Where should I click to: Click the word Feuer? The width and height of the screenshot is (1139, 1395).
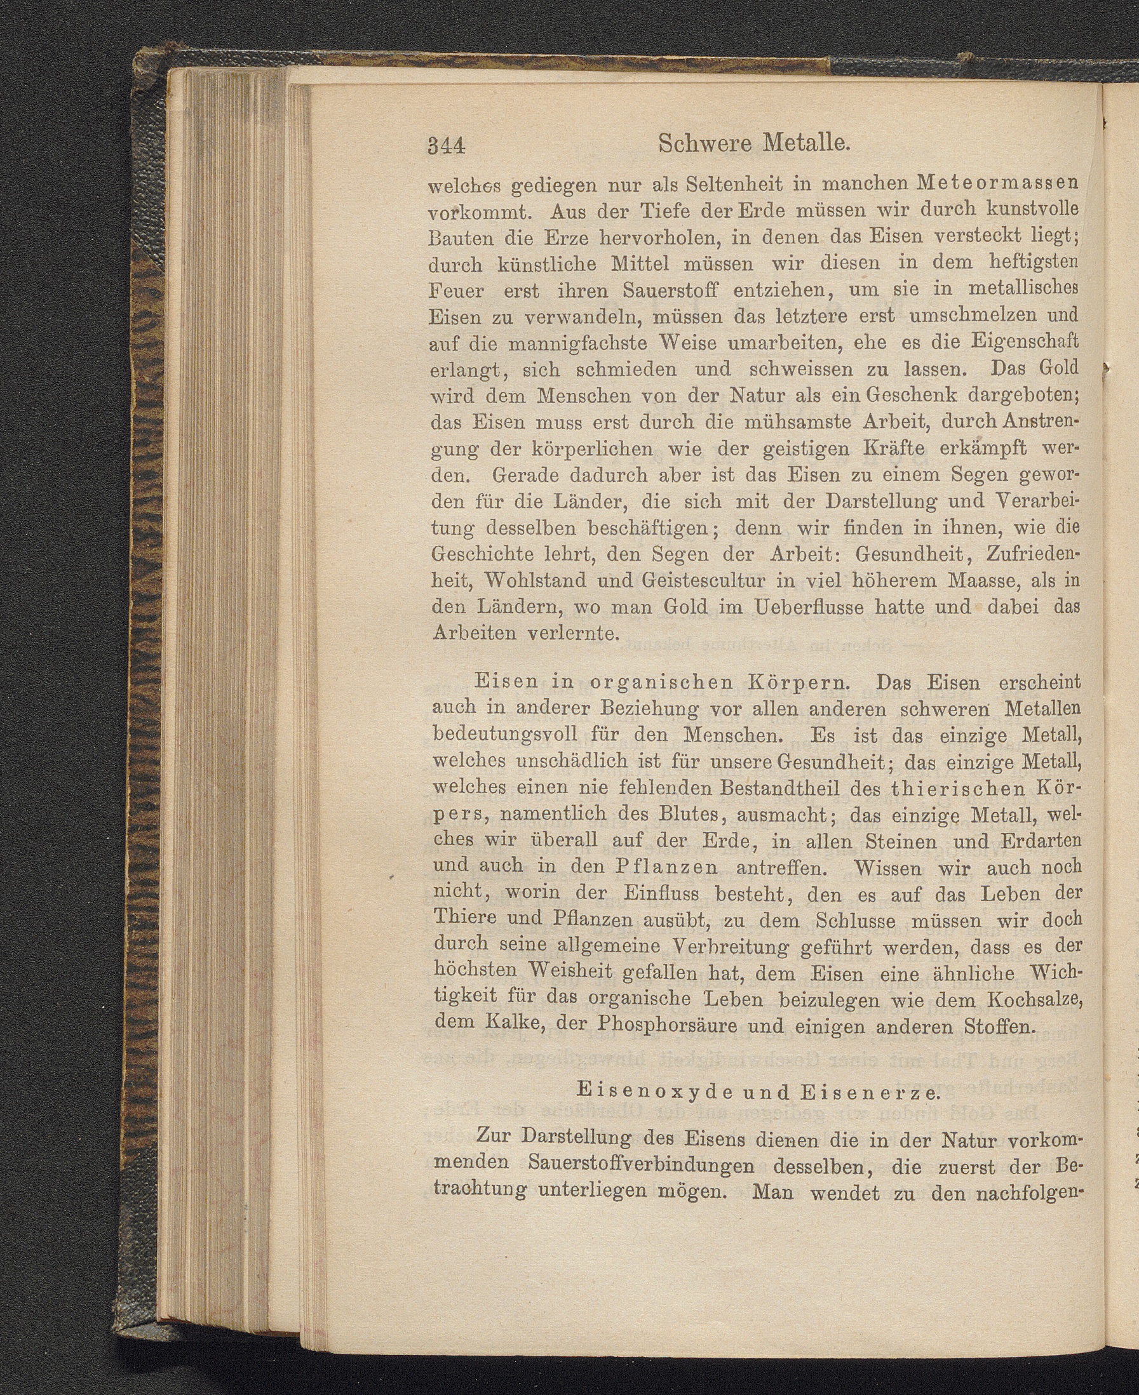pyautogui.click(x=457, y=291)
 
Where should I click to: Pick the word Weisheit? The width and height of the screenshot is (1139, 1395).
pyautogui.click(x=570, y=972)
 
